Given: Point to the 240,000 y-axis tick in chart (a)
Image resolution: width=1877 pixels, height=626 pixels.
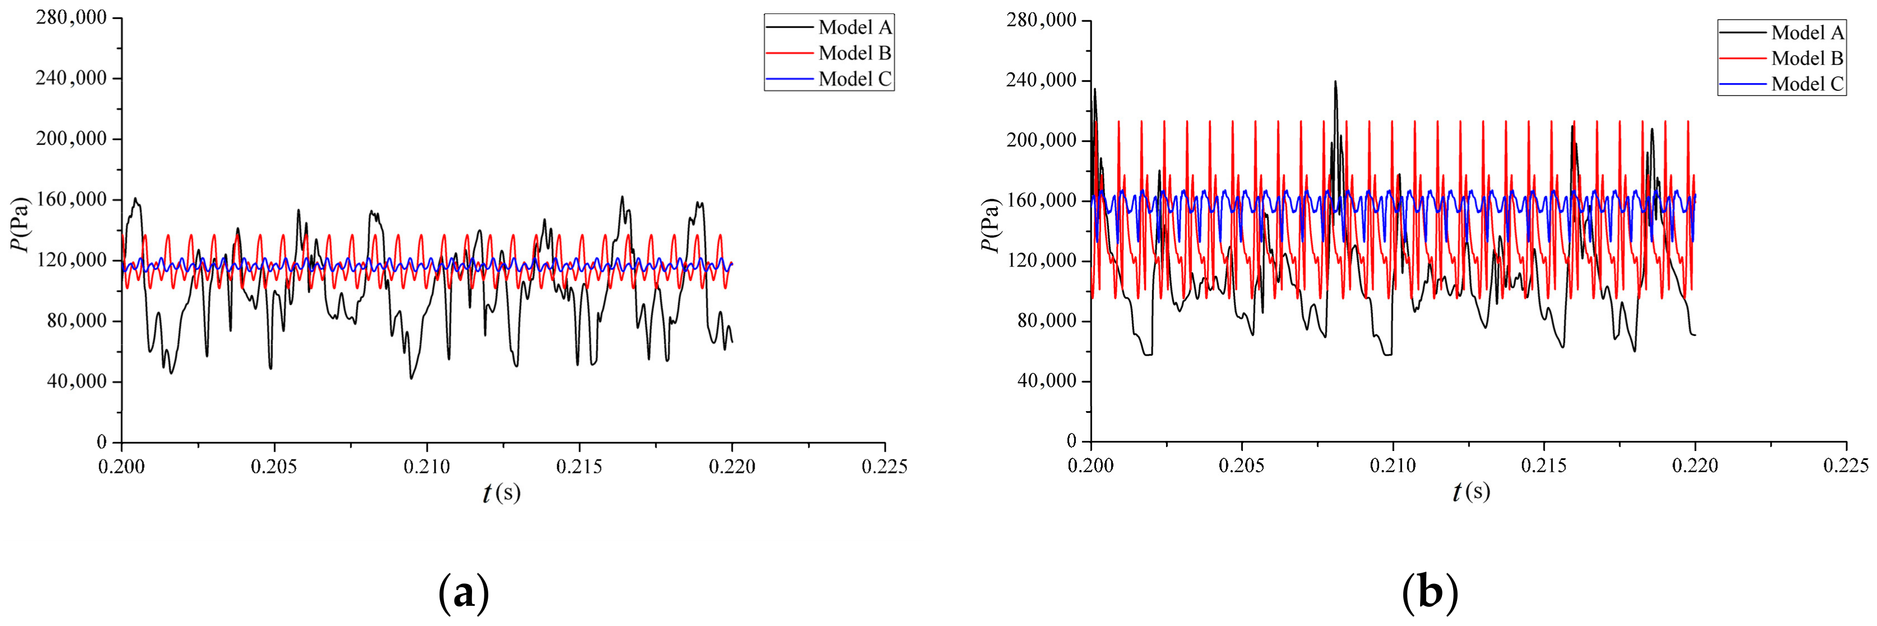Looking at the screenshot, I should click(x=71, y=78).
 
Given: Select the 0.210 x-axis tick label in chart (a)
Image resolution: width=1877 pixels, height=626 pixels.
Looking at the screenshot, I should click(x=427, y=466).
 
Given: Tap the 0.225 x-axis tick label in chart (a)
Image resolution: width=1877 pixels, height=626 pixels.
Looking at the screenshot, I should click(x=885, y=466).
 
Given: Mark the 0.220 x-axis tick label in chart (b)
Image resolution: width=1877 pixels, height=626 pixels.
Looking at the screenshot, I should click(x=1695, y=465).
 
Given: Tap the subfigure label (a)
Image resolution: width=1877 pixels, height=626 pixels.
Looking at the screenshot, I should click(x=464, y=594).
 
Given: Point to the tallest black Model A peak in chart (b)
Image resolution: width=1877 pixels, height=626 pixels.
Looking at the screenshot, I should click(x=1335, y=82).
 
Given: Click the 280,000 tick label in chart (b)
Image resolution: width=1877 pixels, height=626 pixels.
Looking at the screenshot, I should click(x=1041, y=20).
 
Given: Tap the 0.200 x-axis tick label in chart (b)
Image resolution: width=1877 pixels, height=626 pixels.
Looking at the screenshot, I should click(x=1091, y=465).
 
